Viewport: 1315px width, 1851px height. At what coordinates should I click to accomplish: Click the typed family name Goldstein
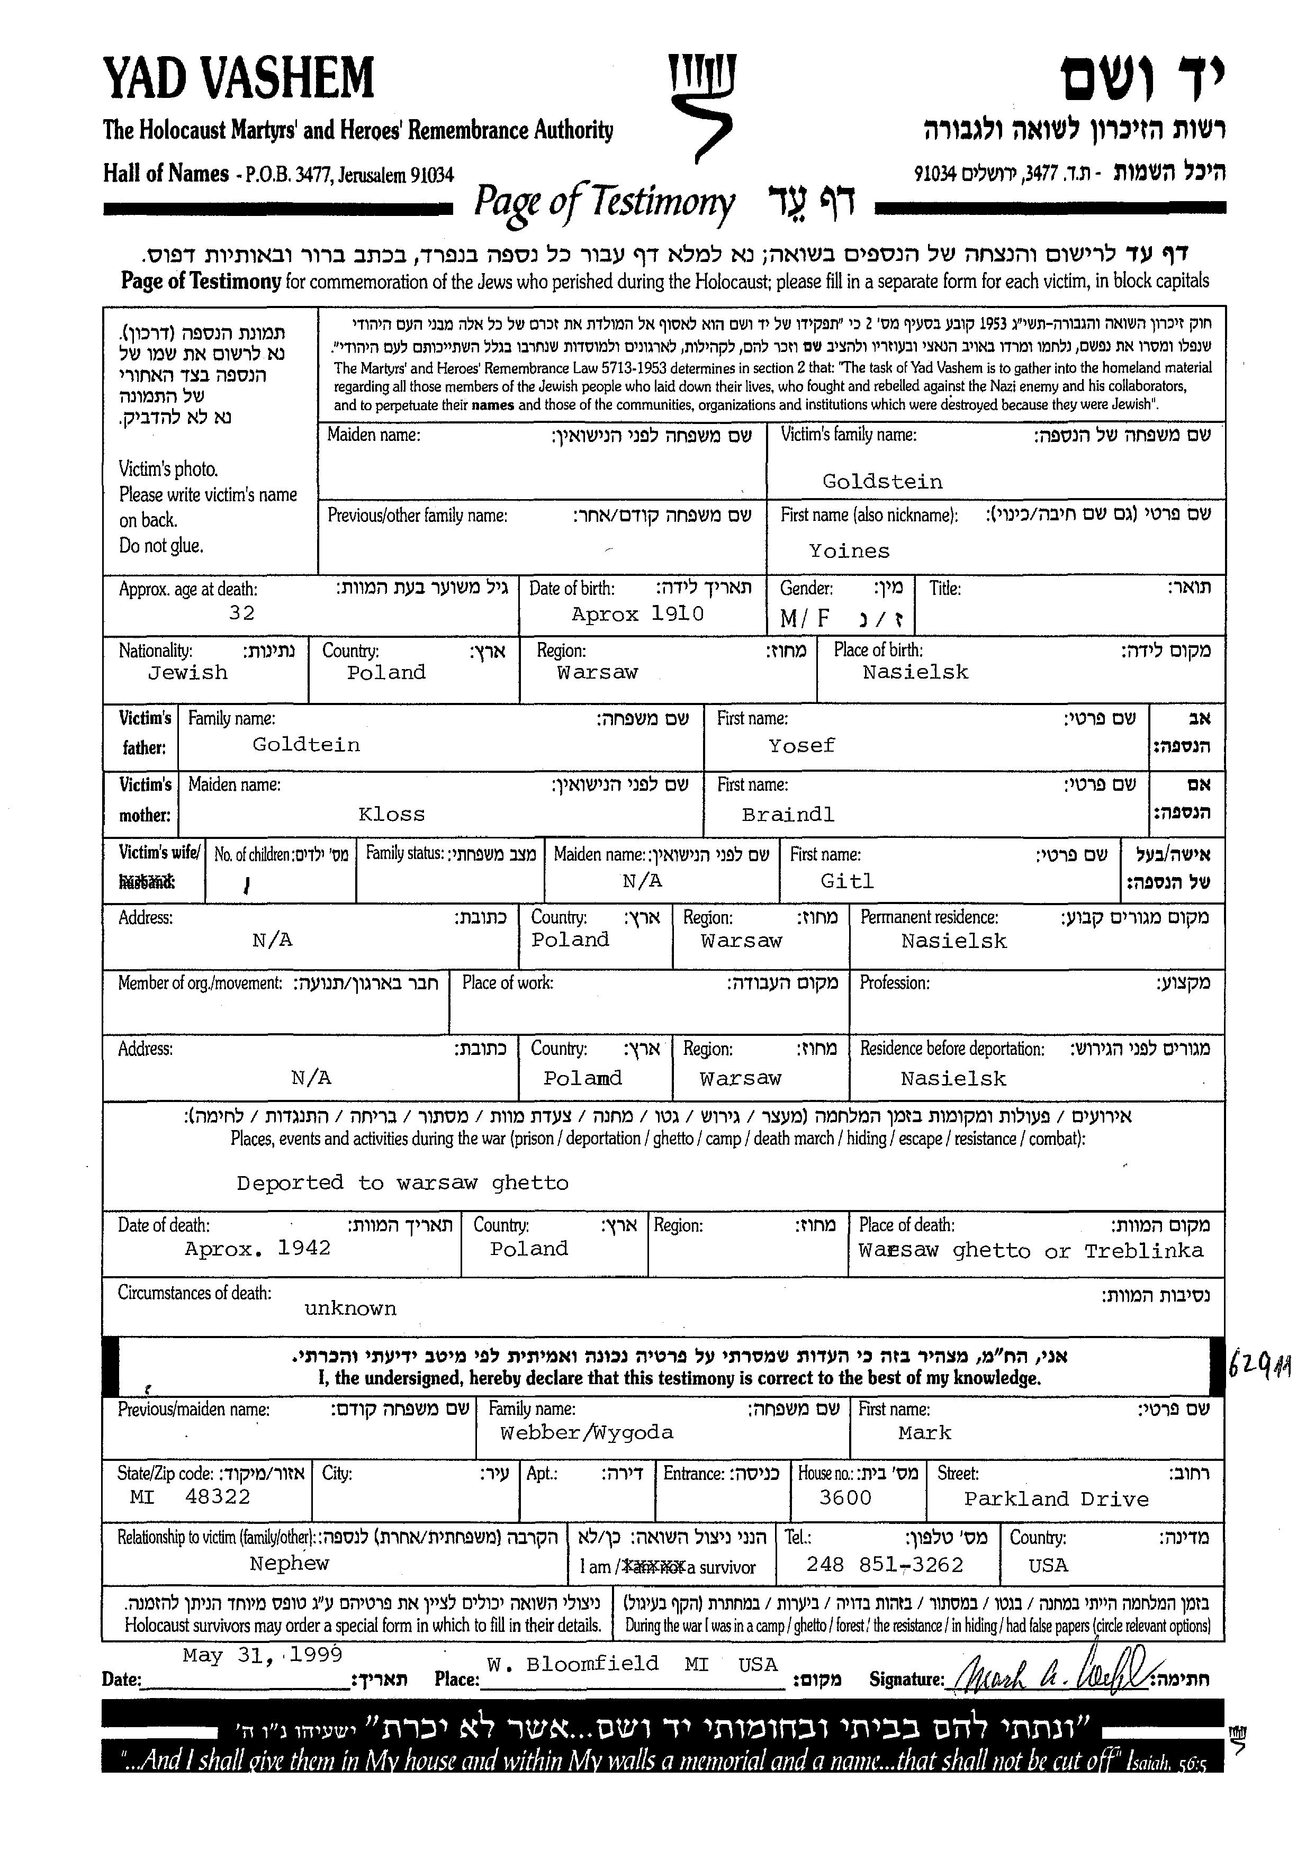point(882,482)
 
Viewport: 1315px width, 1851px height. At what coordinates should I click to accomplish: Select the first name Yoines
point(849,552)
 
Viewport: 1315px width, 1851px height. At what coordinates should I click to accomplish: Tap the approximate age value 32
point(241,613)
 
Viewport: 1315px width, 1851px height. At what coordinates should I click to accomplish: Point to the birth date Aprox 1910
point(637,614)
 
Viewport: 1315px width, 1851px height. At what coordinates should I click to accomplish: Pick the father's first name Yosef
point(801,746)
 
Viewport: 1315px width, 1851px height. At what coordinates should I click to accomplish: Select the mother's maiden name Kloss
point(391,815)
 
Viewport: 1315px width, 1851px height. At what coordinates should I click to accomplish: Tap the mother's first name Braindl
point(787,815)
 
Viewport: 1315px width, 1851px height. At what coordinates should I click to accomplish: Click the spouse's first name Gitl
point(847,881)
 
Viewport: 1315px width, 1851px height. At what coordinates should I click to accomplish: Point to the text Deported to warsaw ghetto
point(402,1183)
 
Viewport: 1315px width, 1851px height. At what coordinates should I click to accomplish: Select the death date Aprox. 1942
point(257,1249)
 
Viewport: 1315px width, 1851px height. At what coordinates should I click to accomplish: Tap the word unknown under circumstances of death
point(350,1308)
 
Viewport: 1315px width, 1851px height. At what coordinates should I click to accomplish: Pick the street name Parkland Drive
point(1056,1499)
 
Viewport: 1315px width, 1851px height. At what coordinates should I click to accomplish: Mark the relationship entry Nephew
point(289,1564)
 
